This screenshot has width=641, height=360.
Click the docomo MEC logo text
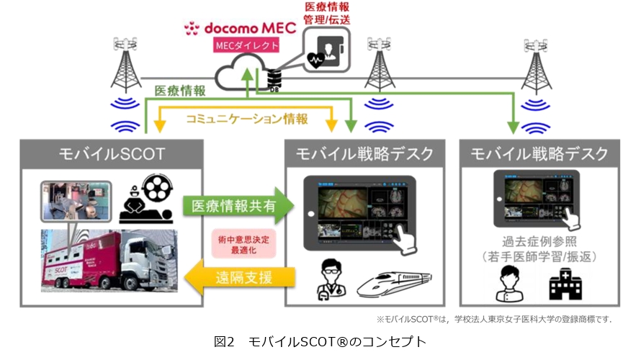pyautogui.click(x=240, y=27)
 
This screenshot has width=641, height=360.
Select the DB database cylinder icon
pyautogui.click(x=274, y=79)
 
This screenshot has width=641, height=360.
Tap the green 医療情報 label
pyautogui.click(x=180, y=91)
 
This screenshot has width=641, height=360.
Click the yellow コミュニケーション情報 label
pyautogui.click(x=247, y=119)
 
